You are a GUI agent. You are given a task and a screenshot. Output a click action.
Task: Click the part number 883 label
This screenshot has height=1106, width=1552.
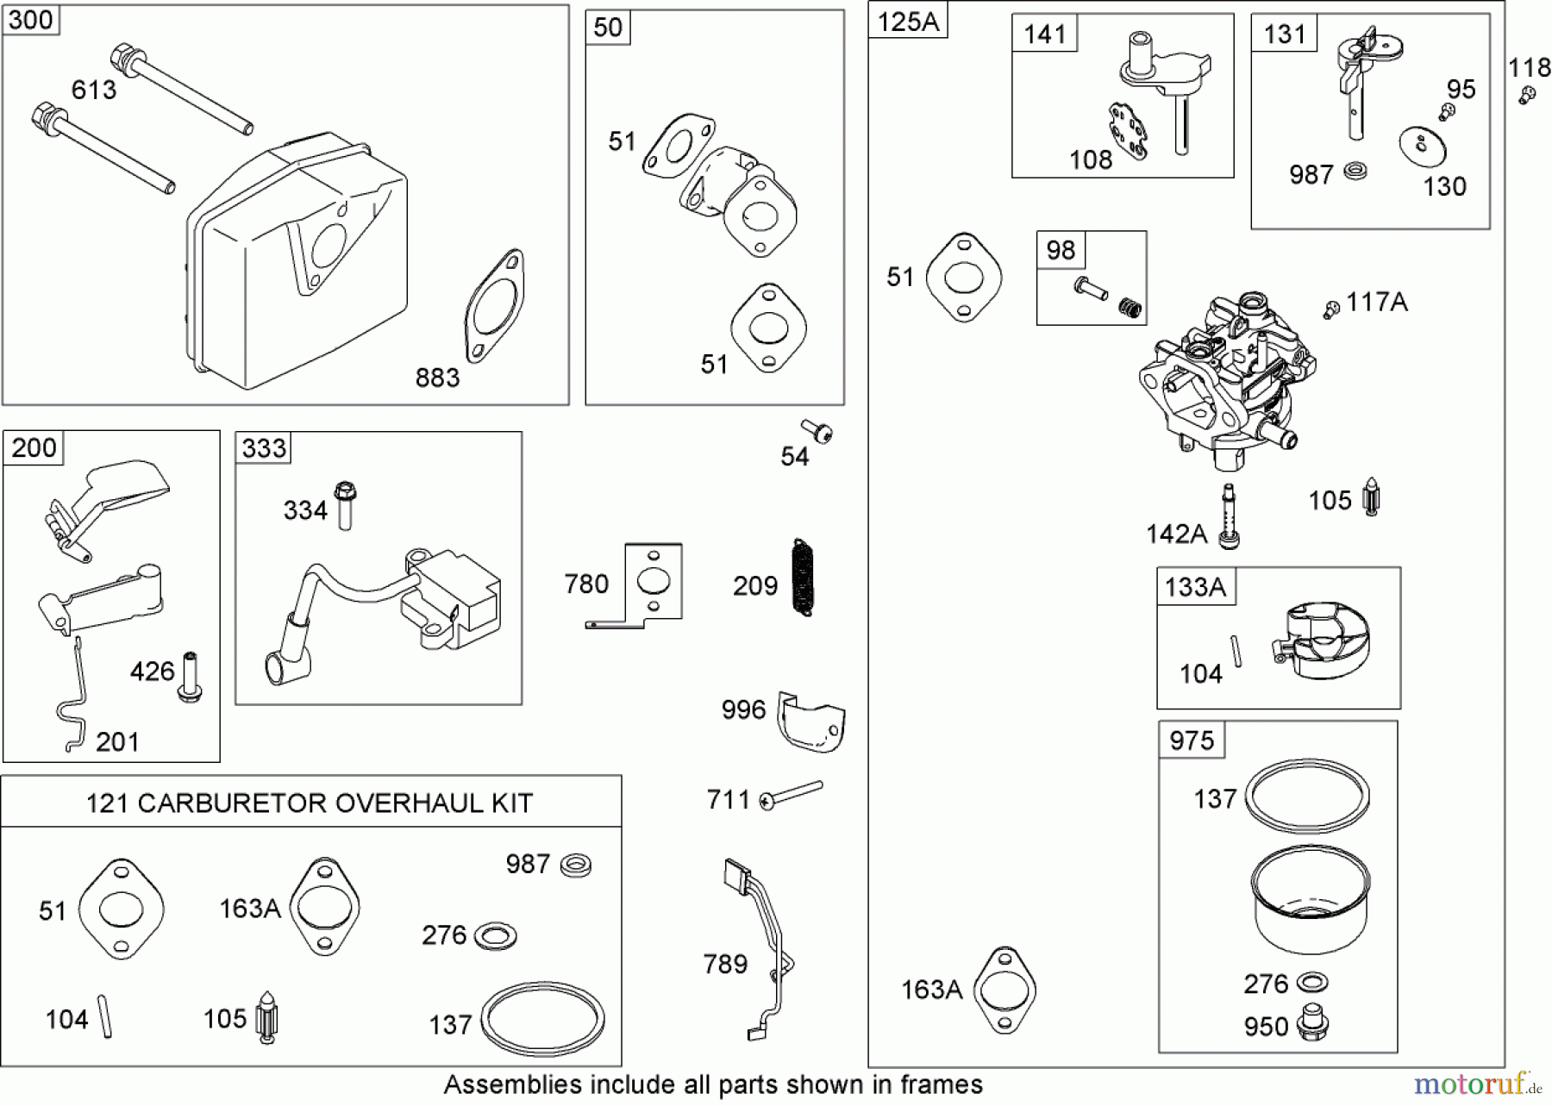pos(437,378)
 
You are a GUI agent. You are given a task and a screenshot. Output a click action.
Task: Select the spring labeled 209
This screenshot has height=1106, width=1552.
pos(803,578)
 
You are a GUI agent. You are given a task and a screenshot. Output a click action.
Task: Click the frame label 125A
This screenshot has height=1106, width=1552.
pos(908,22)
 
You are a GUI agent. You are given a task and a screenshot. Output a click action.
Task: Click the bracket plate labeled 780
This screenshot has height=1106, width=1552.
pos(647,584)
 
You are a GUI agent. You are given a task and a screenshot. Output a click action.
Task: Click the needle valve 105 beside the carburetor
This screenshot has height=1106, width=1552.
pos(1371,497)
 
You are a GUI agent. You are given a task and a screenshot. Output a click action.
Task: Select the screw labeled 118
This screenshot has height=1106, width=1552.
pos(1527,94)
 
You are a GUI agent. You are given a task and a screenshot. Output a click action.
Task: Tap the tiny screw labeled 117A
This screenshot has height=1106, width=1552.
pos(1332,308)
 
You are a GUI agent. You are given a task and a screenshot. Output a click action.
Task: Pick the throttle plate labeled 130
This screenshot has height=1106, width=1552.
pos(1422,145)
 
